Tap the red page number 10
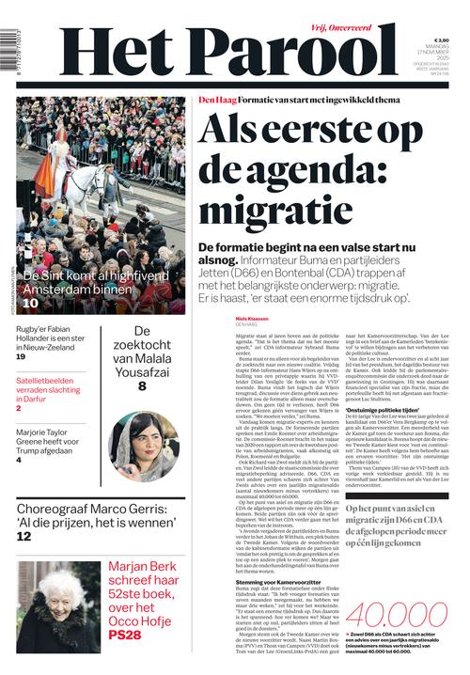point(30,303)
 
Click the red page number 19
point(21,357)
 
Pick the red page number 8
point(142,385)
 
